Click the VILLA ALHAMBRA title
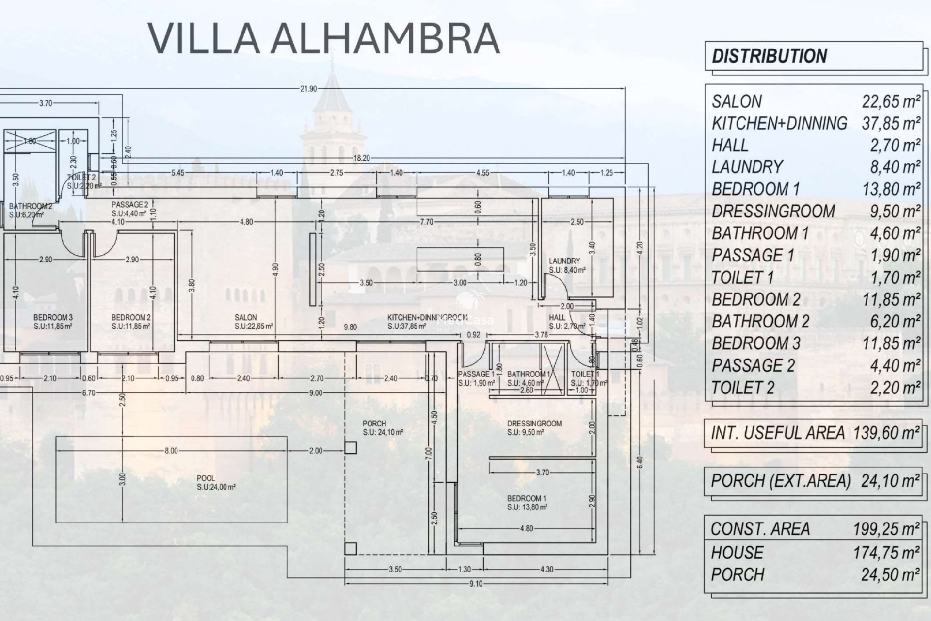pos(323,38)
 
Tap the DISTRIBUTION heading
pos(769,56)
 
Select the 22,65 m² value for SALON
pos(891,101)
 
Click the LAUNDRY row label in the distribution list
pos(747,167)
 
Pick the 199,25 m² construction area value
pos(887,529)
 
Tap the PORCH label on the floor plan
pos(374,424)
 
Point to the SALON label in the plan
pos(245,318)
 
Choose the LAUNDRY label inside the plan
pos(564,261)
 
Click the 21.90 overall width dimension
pos(308,89)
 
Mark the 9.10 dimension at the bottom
pos(476,584)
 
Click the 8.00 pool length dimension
pos(171,451)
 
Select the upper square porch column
pos(351,448)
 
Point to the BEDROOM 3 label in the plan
pos(53,318)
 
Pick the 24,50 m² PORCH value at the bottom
pos(890,575)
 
